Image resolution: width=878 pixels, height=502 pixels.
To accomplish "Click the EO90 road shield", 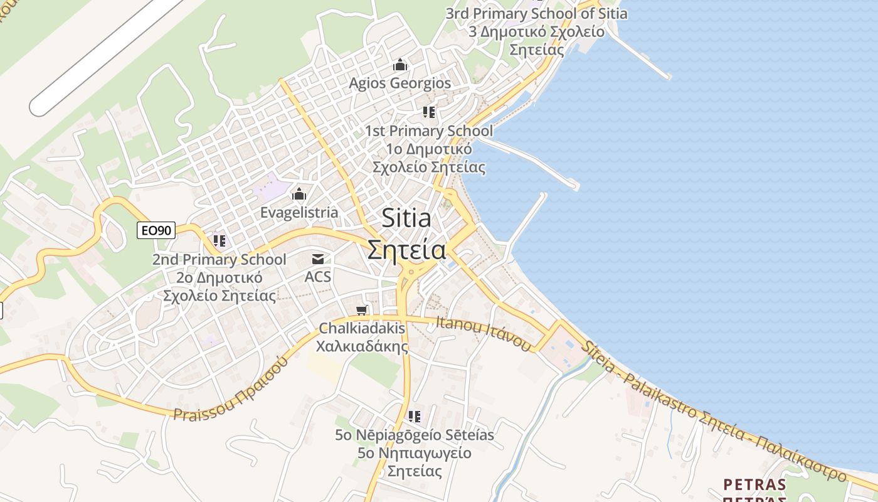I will tap(156, 230).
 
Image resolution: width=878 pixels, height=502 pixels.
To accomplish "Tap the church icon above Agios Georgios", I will tap(399, 65).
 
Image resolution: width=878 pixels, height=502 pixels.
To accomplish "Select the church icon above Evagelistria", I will tap(299, 194).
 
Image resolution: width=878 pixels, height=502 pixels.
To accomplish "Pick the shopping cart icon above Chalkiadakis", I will tap(361, 310).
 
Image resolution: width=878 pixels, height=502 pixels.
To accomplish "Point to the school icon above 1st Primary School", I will tap(429, 112).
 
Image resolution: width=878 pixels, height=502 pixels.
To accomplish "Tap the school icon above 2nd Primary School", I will tap(219, 240).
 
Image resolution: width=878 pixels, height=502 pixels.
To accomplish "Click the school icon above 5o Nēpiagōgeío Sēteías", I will tap(414, 416).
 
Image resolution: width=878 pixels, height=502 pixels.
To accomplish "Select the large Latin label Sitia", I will tap(406, 218).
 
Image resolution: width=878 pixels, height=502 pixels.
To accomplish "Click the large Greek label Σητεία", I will tap(406, 250).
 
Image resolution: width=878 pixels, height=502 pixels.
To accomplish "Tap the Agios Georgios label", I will tap(399, 83).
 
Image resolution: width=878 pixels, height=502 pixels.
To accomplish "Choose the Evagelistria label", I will tap(299, 213).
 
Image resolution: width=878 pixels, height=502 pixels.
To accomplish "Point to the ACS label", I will tap(318, 277).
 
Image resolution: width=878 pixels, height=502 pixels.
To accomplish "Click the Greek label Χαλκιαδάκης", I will tap(362, 346).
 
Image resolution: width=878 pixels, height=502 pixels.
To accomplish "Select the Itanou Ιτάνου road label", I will tap(484, 333).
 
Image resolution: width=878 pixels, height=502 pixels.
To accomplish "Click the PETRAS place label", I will tap(754, 484).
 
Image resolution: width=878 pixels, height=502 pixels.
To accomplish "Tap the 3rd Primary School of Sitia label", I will tap(536, 13).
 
